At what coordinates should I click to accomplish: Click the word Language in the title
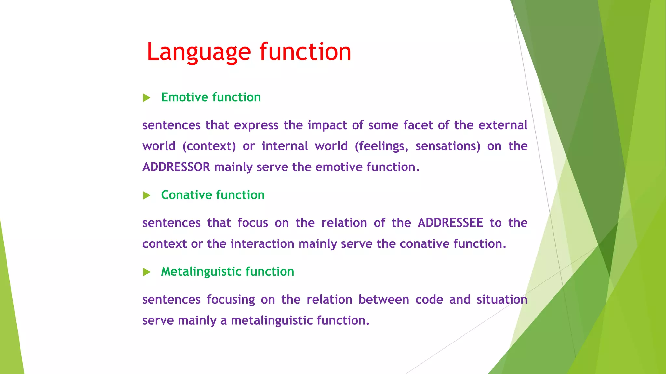(x=199, y=52)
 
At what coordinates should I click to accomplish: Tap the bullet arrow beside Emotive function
(x=147, y=98)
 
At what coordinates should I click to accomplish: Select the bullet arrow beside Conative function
(x=147, y=195)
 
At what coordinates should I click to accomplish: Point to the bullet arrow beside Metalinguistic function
(x=147, y=272)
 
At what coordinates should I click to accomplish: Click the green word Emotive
(x=184, y=97)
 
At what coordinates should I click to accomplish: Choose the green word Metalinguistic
(x=201, y=272)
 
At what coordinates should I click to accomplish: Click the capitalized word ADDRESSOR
(x=176, y=167)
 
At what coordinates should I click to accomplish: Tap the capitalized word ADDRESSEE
(x=450, y=223)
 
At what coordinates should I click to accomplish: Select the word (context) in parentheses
(x=209, y=146)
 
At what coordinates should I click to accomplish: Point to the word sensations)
(x=448, y=146)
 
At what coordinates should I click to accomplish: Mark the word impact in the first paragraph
(x=327, y=125)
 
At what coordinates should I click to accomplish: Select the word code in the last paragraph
(x=429, y=300)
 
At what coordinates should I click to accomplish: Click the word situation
(x=502, y=300)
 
